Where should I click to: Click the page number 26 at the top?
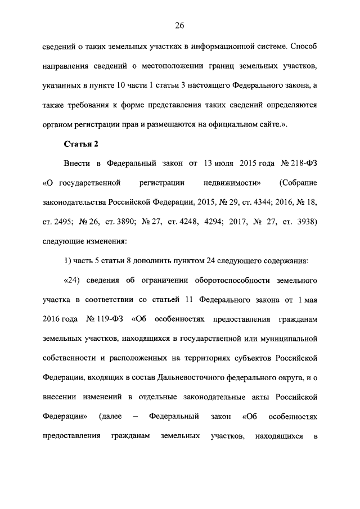click(179, 25)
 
